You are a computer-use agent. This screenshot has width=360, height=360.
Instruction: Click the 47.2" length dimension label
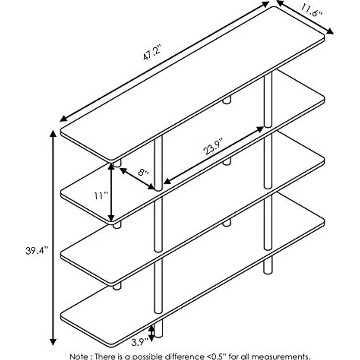tap(152, 52)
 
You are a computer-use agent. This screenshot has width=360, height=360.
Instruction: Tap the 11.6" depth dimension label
tap(312, 11)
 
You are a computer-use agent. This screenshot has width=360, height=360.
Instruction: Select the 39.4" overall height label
tap(37, 250)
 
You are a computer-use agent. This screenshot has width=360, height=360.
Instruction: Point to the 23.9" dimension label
tap(213, 146)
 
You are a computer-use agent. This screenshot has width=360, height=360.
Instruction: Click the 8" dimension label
tap(143, 172)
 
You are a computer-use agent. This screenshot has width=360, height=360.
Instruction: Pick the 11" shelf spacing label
tap(101, 196)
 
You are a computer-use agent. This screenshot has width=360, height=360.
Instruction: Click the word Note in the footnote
tap(79, 356)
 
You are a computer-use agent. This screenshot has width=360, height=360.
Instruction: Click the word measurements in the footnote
tap(280, 357)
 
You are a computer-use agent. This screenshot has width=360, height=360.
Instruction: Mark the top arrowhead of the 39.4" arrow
tap(53, 134)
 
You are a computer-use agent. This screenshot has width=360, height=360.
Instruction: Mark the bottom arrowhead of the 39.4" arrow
tap(53, 342)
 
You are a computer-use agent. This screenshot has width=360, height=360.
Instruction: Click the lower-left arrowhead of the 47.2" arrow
tap(64, 119)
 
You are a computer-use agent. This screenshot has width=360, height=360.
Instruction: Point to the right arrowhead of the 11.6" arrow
tap(330, 31)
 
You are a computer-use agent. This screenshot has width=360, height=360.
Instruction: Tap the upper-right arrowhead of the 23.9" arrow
tap(260, 129)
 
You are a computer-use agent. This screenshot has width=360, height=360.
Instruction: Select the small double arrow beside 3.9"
tap(152, 333)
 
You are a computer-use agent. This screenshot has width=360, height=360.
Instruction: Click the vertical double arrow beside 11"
tap(111, 192)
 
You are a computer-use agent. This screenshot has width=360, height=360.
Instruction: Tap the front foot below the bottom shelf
tap(158, 329)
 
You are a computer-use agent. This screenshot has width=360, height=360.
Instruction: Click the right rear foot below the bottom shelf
tap(268, 265)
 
